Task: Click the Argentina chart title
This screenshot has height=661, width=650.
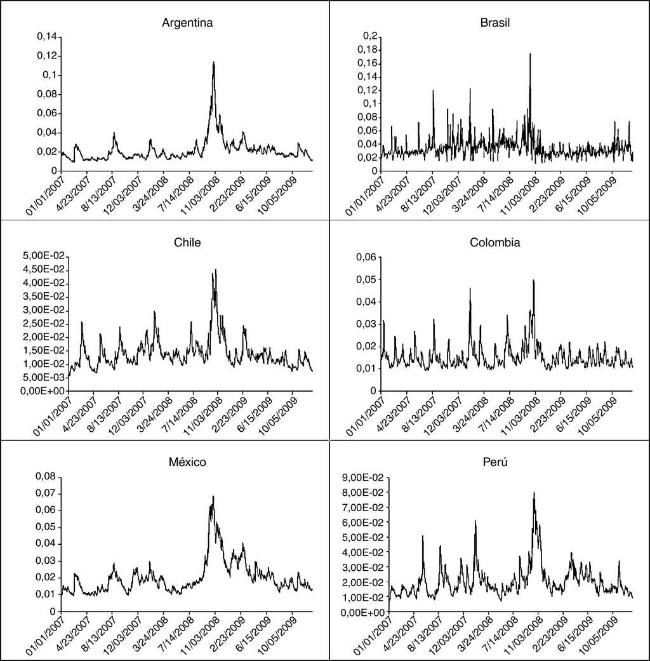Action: coord(187,23)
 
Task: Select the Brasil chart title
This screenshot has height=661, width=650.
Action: coord(495,23)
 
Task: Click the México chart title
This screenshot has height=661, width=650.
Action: coord(187,462)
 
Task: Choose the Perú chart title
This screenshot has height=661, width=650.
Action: coord(495,462)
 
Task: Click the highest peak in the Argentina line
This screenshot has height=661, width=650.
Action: coord(214,62)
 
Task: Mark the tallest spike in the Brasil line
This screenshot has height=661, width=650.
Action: coord(529,54)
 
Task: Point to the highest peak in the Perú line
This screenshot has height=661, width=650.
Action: coord(534,493)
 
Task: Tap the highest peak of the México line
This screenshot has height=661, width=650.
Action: coord(213,497)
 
